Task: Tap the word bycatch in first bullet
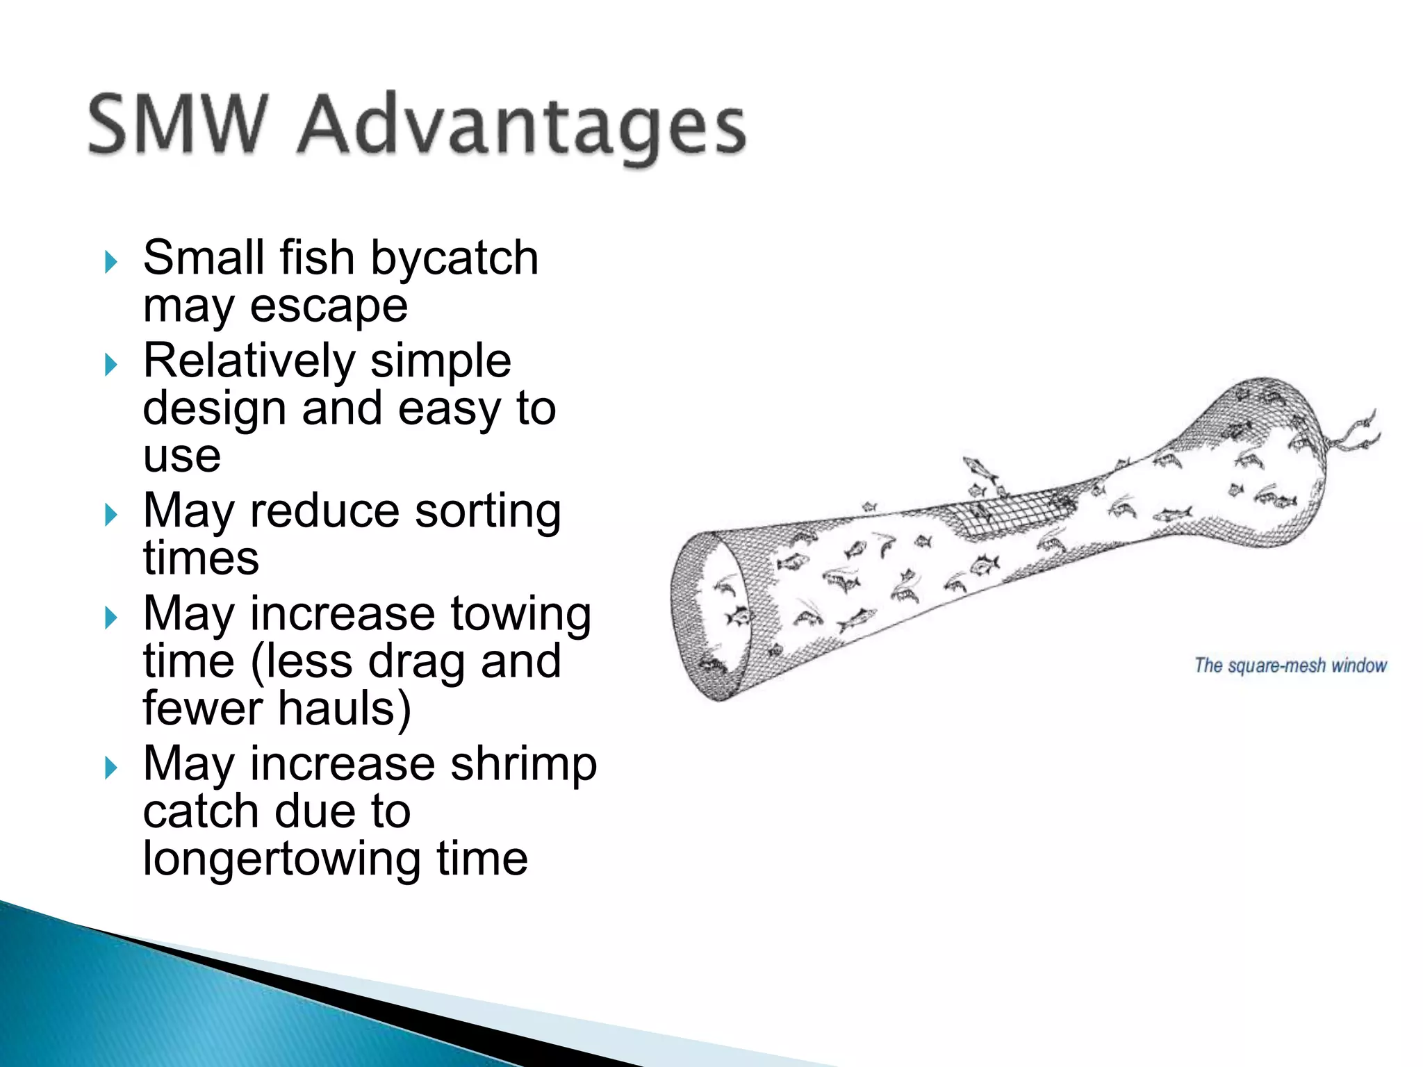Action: click(454, 258)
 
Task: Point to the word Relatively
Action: click(249, 361)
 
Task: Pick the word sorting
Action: click(488, 511)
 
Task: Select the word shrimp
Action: click(523, 763)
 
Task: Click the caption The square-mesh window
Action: click(1290, 665)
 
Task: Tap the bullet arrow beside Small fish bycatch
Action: click(111, 262)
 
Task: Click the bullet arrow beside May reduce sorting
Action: click(111, 515)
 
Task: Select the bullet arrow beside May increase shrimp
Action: click(111, 768)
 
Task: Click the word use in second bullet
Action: click(182, 456)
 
